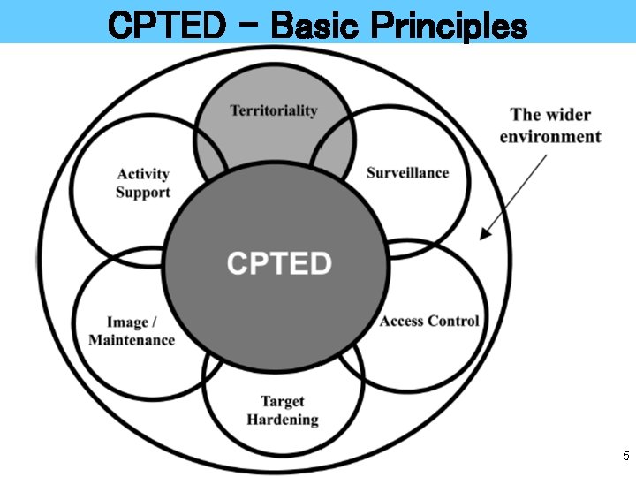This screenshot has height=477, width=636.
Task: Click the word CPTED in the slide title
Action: pos(166,25)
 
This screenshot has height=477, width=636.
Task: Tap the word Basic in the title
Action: pos(314,25)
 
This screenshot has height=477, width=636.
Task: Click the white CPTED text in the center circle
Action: pos(279,263)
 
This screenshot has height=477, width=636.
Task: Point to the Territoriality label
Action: pos(274,110)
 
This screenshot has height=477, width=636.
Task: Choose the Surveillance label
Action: pos(407,172)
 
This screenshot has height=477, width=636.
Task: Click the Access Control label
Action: pos(429,321)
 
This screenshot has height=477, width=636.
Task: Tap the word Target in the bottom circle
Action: pos(283,402)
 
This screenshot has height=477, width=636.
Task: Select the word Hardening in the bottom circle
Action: pos(283,420)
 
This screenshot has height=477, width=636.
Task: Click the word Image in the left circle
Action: pos(126,322)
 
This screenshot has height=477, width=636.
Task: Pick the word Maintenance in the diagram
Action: pos(132,340)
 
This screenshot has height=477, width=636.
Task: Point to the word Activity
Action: pos(142,174)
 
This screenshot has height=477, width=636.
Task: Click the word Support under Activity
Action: pos(142,192)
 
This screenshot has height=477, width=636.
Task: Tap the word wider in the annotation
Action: pos(568,115)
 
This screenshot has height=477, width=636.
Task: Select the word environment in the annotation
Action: pos(549,136)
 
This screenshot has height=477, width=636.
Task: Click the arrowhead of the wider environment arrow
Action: pos(482,235)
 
